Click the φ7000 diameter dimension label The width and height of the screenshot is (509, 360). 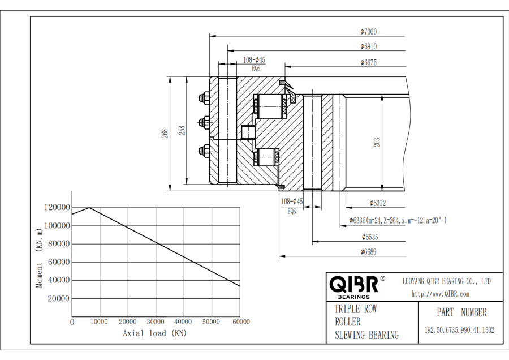[x=368, y=32]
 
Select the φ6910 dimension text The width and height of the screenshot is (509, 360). [x=368, y=46]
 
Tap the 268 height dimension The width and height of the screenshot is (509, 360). [x=165, y=134]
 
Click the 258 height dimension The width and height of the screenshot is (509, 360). [x=181, y=130]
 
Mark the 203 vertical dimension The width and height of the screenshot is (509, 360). [x=377, y=143]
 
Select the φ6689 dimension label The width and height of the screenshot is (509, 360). [x=368, y=251]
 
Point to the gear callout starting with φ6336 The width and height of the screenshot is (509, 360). [x=398, y=220]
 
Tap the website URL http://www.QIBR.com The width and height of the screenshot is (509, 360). [x=441, y=294]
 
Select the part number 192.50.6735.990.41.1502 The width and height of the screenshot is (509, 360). [x=459, y=329]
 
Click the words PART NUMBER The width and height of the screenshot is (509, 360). [x=461, y=312]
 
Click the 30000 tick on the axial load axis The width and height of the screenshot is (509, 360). [x=156, y=322]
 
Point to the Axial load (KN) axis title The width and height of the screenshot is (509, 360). [x=154, y=333]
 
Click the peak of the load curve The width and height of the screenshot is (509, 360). [x=89, y=208]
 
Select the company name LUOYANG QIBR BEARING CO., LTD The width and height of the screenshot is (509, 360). [x=446, y=281]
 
